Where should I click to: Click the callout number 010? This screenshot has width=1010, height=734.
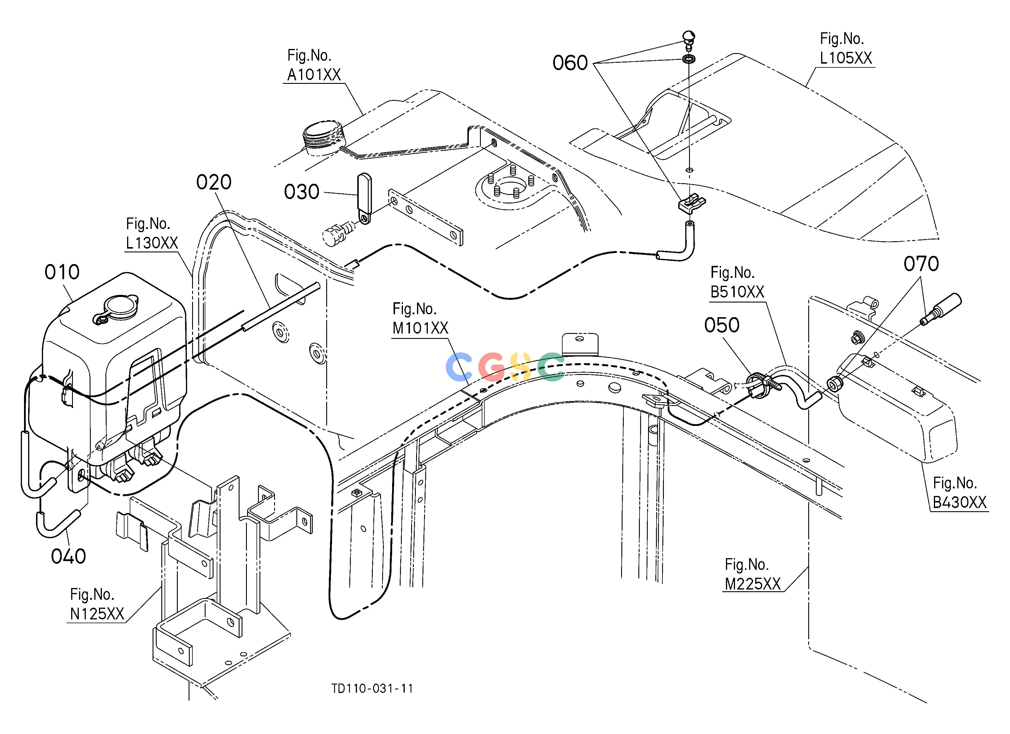coord(62,272)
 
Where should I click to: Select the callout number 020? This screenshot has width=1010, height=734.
coord(214,182)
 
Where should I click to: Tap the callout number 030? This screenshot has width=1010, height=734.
coord(302,192)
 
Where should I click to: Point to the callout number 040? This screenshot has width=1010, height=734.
coord(68,556)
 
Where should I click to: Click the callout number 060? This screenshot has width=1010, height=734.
coord(570,63)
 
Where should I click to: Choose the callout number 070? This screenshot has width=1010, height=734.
coord(921,264)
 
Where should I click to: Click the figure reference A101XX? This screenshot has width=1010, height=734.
coord(314,75)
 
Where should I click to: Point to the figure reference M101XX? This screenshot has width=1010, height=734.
coord(420,328)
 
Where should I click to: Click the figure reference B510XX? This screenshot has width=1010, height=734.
coord(737,292)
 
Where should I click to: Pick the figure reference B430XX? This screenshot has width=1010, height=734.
coord(960,502)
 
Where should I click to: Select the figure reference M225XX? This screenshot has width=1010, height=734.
coord(753,584)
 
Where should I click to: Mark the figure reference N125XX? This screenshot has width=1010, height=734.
coord(97,614)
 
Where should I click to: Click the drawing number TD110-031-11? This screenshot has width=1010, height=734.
coord(372,689)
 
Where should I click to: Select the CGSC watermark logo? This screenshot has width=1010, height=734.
coord(505,367)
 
